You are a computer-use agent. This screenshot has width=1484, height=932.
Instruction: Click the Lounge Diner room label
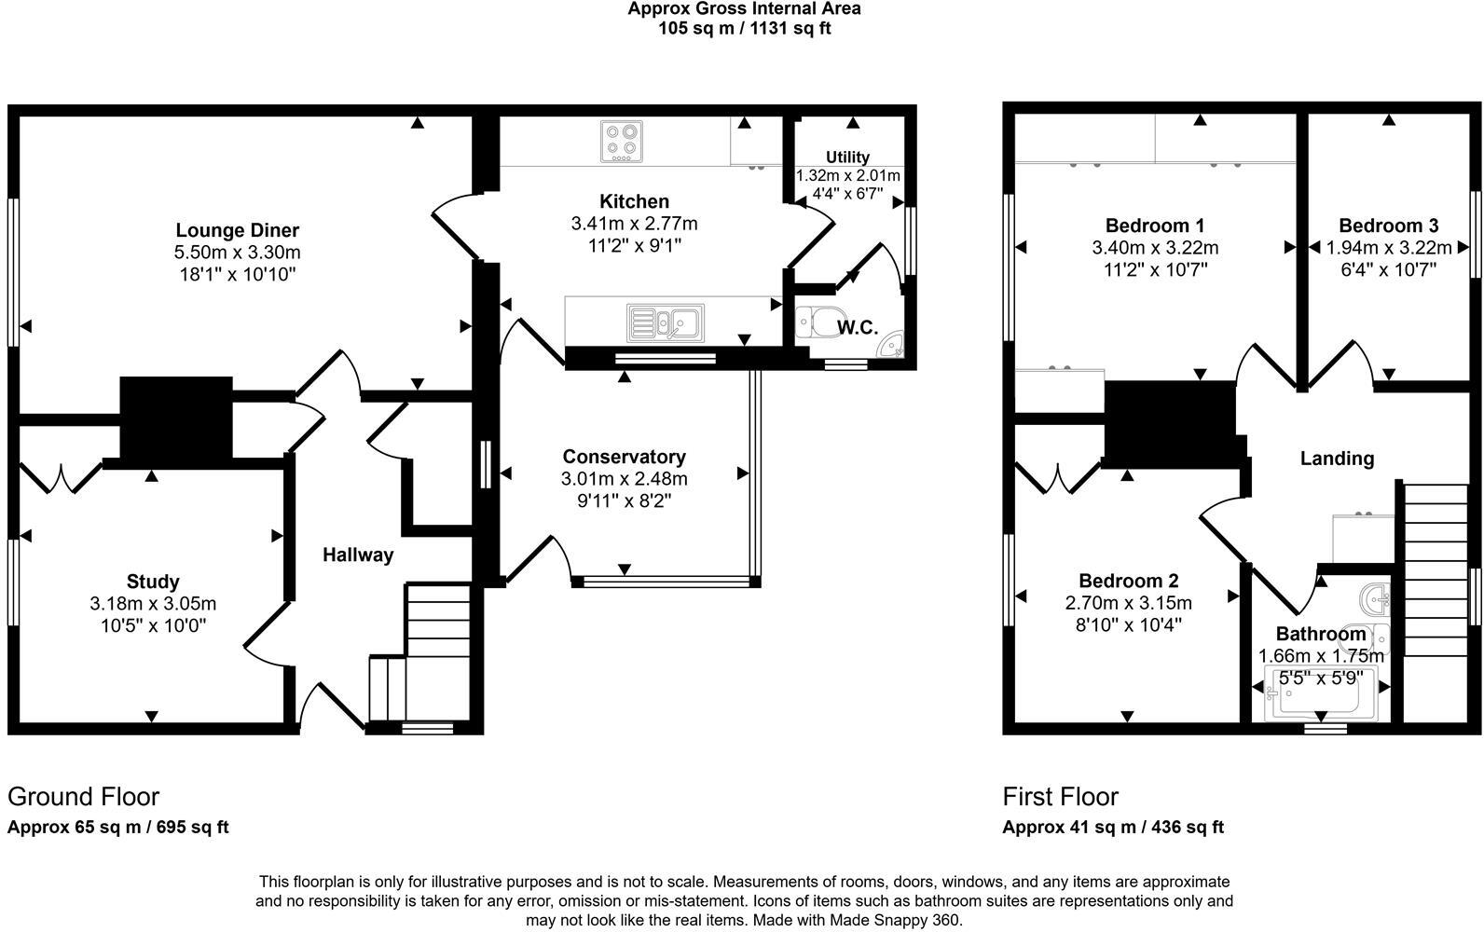pos(237,230)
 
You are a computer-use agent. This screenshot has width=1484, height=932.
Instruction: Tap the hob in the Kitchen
pos(620,142)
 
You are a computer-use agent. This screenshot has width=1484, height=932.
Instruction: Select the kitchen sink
pos(666,322)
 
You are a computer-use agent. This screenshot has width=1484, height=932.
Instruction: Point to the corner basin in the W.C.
pos(892,346)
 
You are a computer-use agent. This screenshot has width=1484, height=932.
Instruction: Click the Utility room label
pos(847,158)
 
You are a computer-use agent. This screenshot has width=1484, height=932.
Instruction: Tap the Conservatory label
pos(624,457)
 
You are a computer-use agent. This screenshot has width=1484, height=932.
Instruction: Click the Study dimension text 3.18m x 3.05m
pos(153,604)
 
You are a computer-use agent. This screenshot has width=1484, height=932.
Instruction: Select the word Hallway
pos(358,555)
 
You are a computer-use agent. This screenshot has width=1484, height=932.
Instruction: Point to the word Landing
pos(1337,459)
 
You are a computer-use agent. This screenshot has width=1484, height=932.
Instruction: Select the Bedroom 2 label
pos(1128,581)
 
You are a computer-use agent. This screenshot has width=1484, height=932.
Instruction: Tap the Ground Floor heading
pos(83,797)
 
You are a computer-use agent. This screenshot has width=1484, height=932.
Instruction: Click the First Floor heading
pos(1060,797)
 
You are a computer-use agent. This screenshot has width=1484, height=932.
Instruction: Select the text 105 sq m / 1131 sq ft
pos(744,28)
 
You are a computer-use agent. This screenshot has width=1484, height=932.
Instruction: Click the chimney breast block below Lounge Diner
pos(175,418)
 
